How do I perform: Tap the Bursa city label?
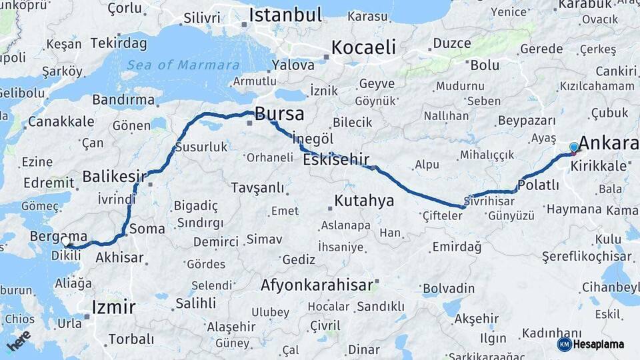[279, 113]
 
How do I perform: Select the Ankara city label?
[608, 143]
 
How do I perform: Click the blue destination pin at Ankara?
[574, 147]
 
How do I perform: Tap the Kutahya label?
[364, 201]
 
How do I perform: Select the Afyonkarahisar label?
[317, 285]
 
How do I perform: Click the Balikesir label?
[114, 177]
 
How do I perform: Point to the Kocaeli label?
[363, 47]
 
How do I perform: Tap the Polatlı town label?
[538, 185]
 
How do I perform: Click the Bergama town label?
[59, 236]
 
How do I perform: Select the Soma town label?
[147, 229]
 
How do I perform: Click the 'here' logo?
[19, 341]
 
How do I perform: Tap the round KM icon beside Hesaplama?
[565, 344]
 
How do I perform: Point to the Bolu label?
[485, 65]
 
